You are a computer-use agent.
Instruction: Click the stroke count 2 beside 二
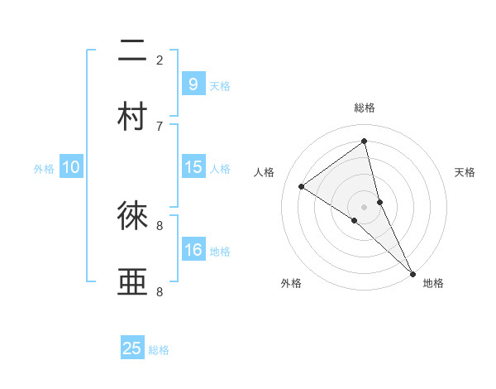[160, 60]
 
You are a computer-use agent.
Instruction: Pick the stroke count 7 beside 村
[160, 126]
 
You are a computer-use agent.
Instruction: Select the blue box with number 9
[193, 84]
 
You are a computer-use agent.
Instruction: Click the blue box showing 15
[193, 167]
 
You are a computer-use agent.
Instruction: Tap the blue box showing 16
[193, 250]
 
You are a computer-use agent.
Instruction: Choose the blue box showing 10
[71, 167]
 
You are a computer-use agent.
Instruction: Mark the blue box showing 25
[132, 348]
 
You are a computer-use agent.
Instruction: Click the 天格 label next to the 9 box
[220, 85]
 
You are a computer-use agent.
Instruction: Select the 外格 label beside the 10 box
[44, 169]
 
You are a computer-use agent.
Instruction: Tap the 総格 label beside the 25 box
[159, 350]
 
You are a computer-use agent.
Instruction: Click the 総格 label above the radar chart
[365, 108]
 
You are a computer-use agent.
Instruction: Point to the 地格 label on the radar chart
[433, 283]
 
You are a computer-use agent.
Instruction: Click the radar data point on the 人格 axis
[301, 186]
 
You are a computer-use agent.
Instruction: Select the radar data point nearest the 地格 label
[413, 272]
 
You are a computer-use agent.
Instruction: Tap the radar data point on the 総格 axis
[365, 141]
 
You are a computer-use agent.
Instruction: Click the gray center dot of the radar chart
[365, 205]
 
